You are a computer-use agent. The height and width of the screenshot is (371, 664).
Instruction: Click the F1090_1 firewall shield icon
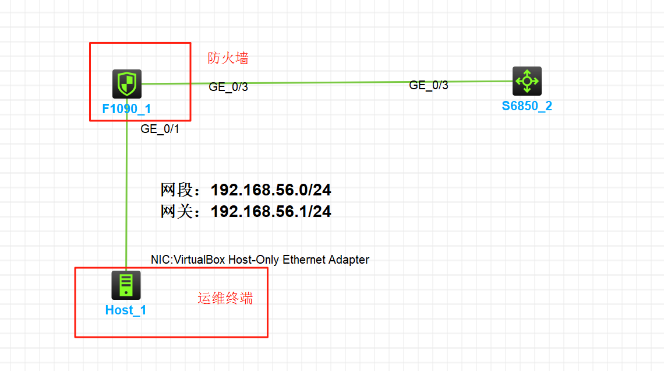pyautogui.click(x=126, y=84)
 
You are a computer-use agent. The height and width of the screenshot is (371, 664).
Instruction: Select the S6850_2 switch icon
pyautogui.click(x=527, y=81)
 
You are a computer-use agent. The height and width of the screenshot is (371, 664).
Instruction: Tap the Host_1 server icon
pyautogui.click(x=126, y=285)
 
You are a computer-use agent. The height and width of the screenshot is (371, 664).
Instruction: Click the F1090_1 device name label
pyautogui.click(x=127, y=108)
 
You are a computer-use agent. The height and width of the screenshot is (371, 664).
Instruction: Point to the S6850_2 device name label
pyautogui.click(x=527, y=106)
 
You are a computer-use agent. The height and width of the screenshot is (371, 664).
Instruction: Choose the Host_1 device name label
pyautogui.click(x=126, y=310)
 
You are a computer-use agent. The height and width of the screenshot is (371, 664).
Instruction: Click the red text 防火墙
pyautogui.click(x=228, y=58)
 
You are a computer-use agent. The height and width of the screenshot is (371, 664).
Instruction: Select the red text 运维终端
pyautogui.click(x=225, y=299)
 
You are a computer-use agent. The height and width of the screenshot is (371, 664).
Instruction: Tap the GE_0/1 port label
pyautogui.click(x=160, y=129)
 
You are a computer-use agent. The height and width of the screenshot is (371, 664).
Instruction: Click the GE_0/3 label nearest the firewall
pyautogui.click(x=228, y=87)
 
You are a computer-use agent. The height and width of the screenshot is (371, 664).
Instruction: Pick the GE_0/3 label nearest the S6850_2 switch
pyautogui.click(x=429, y=85)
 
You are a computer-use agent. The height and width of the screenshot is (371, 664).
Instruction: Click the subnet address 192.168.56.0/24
pyautogui.click(x=271, y=190)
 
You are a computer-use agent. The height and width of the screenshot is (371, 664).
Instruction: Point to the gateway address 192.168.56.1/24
pyautogui.click(x=271, y=212)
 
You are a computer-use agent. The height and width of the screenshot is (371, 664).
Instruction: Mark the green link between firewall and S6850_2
pyautogui.click(x=326, y=82)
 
